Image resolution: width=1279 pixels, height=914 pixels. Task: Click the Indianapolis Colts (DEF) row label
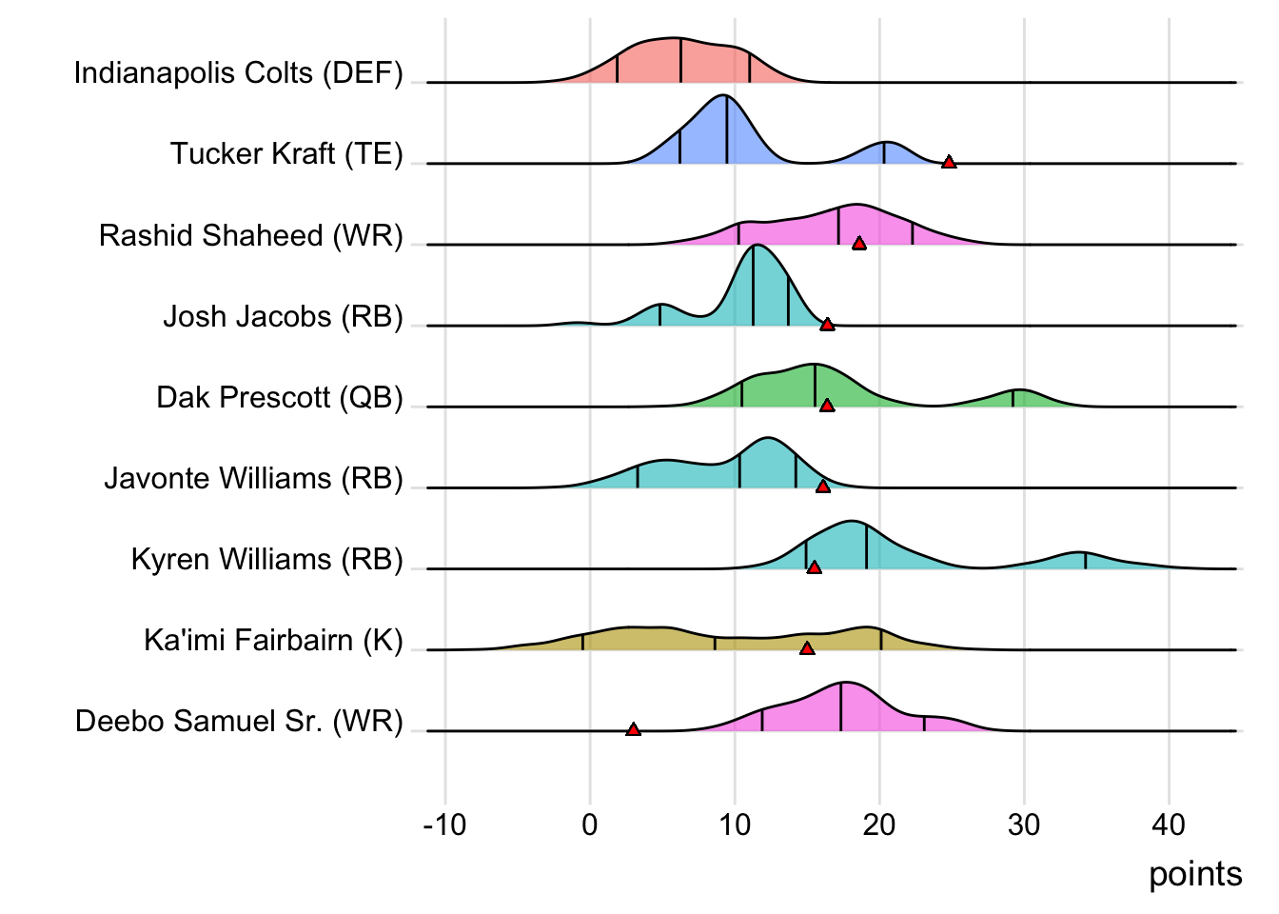pos(238,73)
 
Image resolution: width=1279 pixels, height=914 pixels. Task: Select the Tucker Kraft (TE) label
pos(286,154)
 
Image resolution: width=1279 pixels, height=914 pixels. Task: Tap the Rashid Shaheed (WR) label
pos(251,235)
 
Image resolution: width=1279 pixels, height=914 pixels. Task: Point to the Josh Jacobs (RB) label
pos(283,316)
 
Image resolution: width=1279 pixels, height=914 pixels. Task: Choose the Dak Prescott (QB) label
pos(280,397)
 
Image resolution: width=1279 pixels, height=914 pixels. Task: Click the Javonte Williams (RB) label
pos(253,478)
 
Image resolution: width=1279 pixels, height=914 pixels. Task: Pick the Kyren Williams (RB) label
pos(266,559)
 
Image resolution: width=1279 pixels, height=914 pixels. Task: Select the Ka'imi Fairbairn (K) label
pos(273,640)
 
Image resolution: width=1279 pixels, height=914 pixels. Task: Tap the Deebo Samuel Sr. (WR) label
pos(239,722)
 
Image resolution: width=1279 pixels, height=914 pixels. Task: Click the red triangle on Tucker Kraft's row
pos(949,163)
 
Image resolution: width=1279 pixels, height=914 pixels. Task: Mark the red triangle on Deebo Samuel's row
pos(633,730)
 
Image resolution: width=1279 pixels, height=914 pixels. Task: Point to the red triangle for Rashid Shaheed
pos(859,244)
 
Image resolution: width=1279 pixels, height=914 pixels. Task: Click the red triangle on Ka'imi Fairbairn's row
pos(807,649)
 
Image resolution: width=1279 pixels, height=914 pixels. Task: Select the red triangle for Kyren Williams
pos(814,568)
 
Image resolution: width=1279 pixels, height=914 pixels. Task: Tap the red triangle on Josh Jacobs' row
pos(827,325)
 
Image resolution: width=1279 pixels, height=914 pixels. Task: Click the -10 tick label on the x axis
pos(444,825)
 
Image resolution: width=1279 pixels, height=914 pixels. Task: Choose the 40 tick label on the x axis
pos(1169,825)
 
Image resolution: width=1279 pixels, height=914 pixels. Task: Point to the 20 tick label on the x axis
pos(879,825)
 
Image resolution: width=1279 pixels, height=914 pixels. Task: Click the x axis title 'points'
pos(1195,874)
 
